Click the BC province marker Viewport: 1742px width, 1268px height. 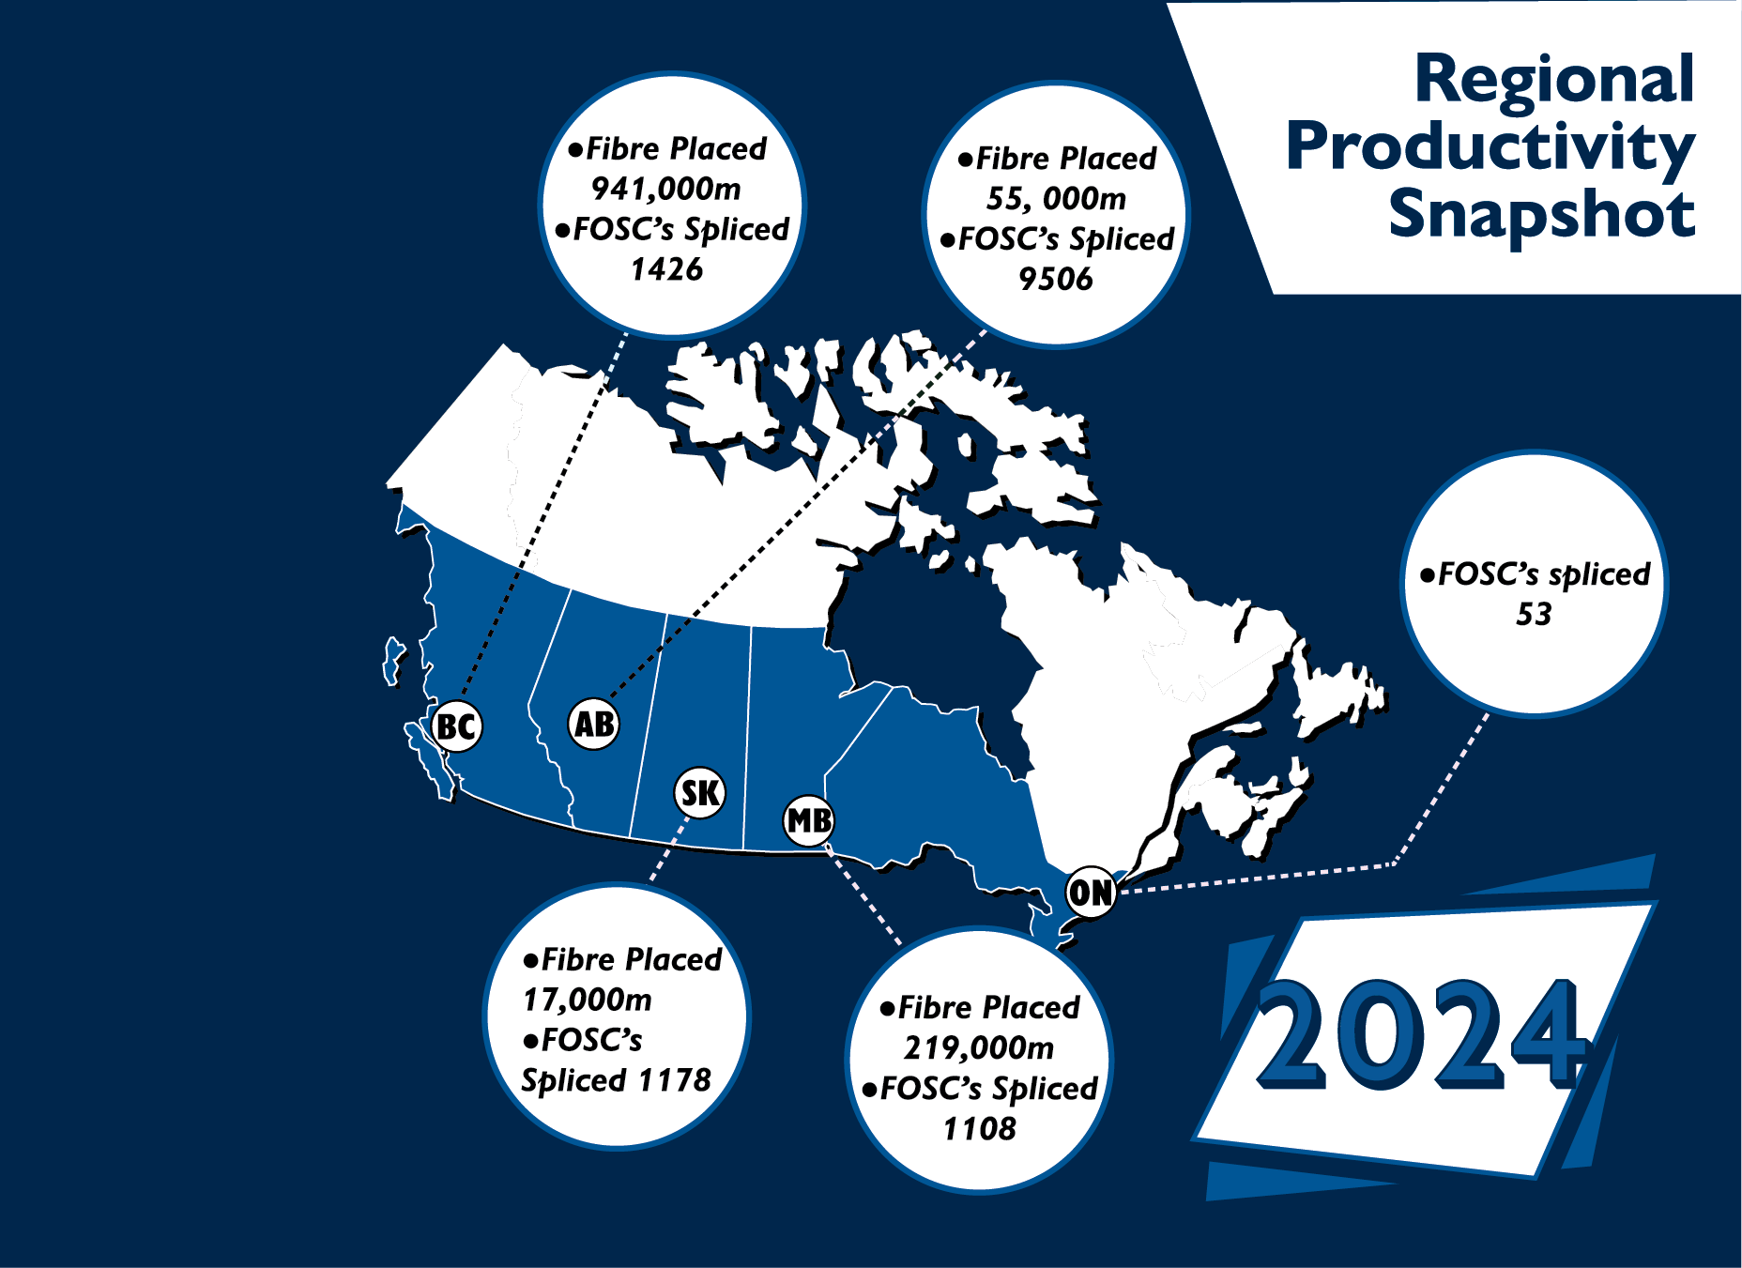[x=457, y=726]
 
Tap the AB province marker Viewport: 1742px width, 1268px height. [x=594, y=724]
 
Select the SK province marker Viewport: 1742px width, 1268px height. [x=700, y=793]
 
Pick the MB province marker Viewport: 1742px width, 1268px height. [x=809, y=820]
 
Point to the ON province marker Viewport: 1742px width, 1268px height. [x=1091, y=892]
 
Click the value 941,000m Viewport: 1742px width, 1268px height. [x=666, y=190]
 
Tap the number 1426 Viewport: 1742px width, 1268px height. [x=666, y=270]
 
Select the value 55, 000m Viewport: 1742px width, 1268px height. [x=1056, y=199]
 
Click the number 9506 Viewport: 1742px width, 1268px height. [x=1056, y=279]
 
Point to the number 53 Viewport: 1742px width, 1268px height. [x=1535, y=615]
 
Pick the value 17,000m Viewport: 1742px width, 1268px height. [x=588, y=1001]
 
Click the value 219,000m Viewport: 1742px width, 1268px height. [x=979, y=1048]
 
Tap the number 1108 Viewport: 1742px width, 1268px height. [x=979, y=1129]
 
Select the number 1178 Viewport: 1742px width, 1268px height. [x=675, y=1080]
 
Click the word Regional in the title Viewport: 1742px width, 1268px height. [x=1554, y=79]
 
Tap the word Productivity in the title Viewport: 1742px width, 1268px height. [x=1490, y=148]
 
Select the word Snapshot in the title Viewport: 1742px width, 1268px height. [x=1542, y=214]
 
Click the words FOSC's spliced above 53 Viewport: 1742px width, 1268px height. [x=1544, y=574]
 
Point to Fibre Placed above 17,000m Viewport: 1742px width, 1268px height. [x=631, y=960]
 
